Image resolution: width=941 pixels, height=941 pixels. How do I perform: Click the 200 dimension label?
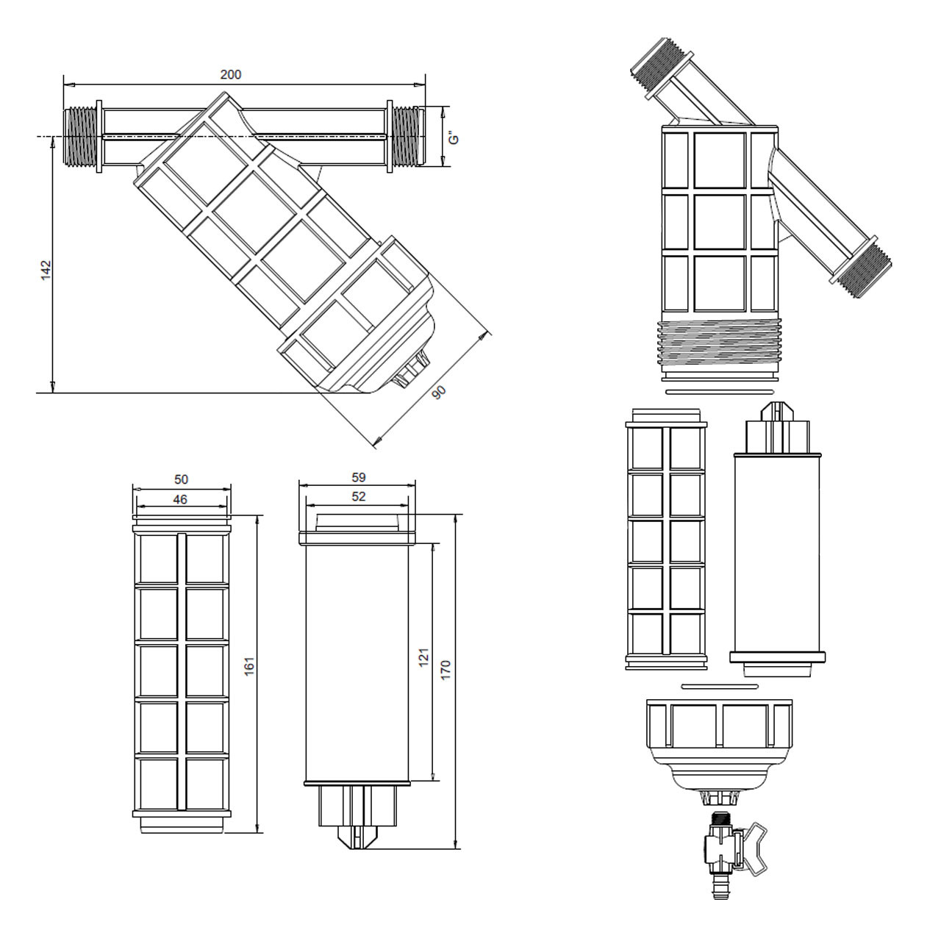[230, 74]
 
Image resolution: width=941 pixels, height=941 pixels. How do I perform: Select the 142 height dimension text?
[46, 269]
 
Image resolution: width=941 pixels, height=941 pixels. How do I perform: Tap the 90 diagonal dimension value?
[439, 393]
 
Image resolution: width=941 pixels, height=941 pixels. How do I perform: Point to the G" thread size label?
[454, 137]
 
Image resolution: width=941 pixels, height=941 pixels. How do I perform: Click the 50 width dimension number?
[181, 479]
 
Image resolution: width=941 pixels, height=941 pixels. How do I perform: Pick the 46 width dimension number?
[180, 500]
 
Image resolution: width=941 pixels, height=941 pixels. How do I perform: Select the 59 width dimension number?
[358, 478]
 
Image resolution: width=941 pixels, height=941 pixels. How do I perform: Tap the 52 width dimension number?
[358, 497]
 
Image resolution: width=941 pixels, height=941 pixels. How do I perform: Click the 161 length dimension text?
[249, 667]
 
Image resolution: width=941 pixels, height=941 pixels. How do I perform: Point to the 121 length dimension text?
[423, 658]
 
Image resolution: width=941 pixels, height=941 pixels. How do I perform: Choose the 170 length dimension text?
[446, 670]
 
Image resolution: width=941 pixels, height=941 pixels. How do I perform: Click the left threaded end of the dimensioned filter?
[81, 137]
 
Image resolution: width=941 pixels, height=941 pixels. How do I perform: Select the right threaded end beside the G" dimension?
[405, 137]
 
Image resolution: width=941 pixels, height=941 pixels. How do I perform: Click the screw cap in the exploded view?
[719, 739]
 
